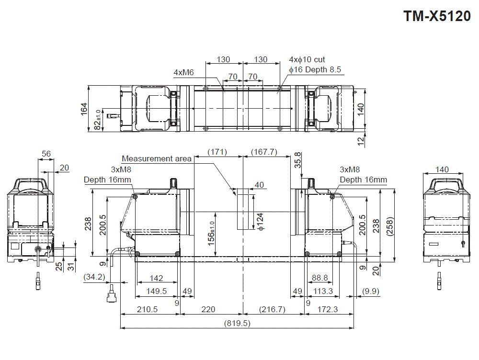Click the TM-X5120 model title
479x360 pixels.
click(437, 16)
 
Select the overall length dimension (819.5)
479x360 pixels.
click(237, 323)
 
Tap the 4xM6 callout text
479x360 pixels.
click(183, 72)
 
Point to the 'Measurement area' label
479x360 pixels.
click(157, 158)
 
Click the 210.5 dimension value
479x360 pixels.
click(147, 309)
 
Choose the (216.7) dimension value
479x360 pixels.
click(272, 309)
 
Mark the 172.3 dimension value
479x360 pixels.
click(328, 309)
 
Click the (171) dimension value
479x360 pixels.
click(217, 152)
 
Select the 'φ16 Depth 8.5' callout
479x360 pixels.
click(315, 70)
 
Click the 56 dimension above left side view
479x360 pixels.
click(46, 154)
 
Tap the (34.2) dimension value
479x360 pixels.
click(94, 277)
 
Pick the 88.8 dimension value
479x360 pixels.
click(319, 278)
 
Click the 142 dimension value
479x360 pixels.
click(156, 278)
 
